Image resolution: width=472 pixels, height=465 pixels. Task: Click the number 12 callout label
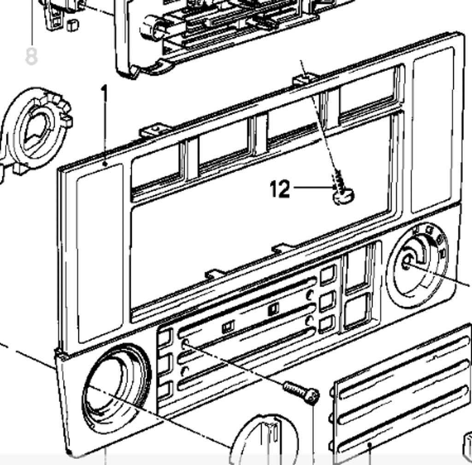280,189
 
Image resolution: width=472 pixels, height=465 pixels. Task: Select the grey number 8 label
31,56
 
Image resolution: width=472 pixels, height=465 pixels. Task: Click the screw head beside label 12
344,197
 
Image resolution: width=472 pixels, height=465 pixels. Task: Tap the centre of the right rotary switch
407,263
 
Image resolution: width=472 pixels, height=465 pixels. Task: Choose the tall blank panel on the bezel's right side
432,129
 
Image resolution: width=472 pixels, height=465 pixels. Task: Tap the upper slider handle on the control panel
273,310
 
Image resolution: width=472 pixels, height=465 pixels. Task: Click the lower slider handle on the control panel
228,327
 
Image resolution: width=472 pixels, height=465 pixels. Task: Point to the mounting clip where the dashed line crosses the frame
305,79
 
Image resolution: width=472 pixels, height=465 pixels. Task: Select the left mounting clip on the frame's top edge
156,129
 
